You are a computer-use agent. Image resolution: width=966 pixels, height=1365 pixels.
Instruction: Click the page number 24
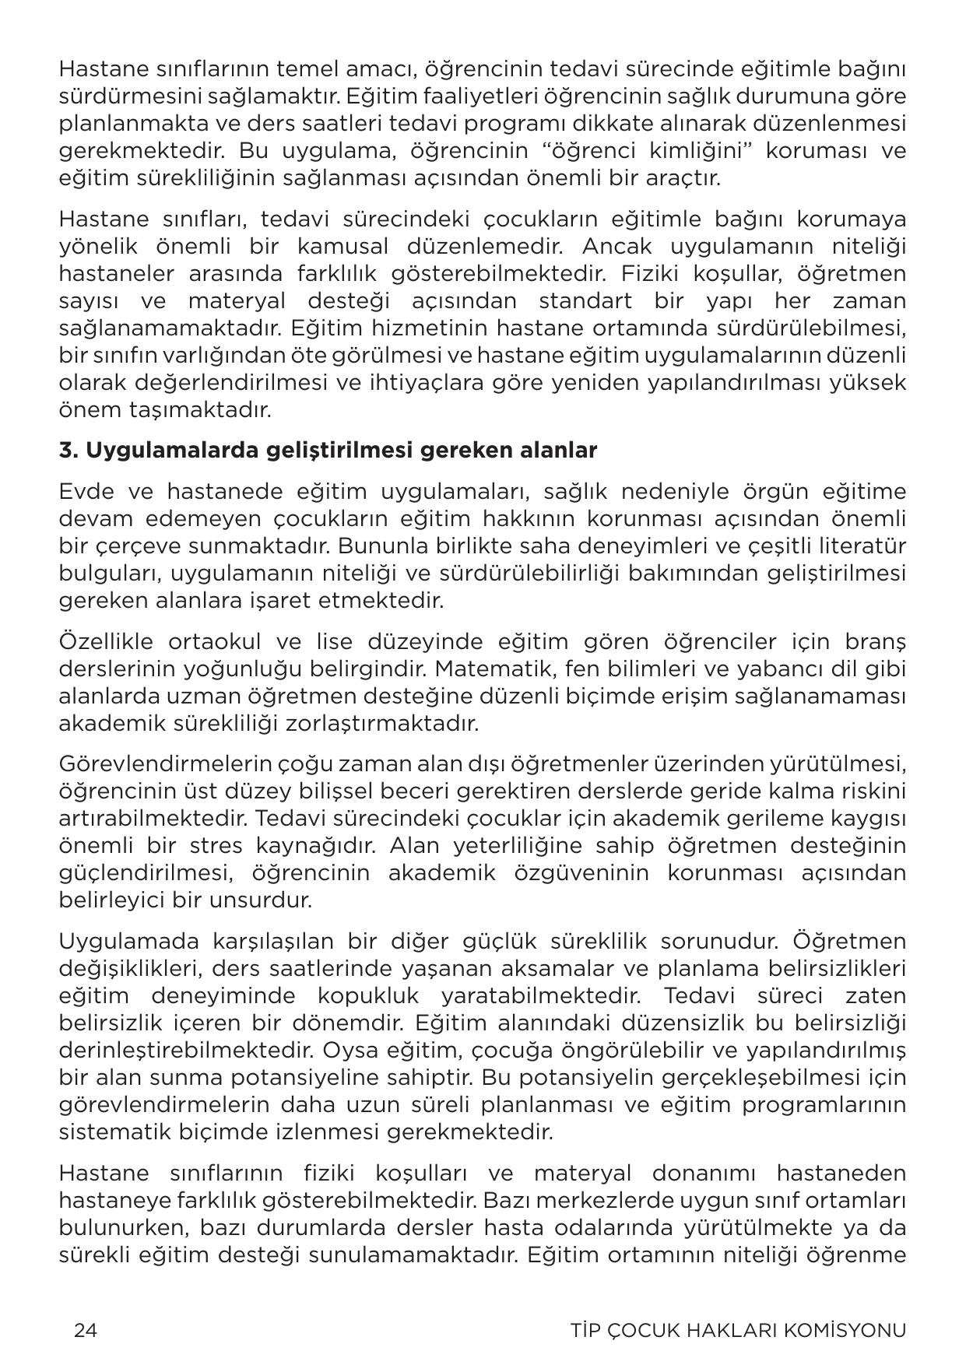[85, 1330]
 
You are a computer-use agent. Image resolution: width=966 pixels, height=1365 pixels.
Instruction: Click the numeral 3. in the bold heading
[68, 451]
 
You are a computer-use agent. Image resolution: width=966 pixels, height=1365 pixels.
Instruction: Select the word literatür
[863, 546]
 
